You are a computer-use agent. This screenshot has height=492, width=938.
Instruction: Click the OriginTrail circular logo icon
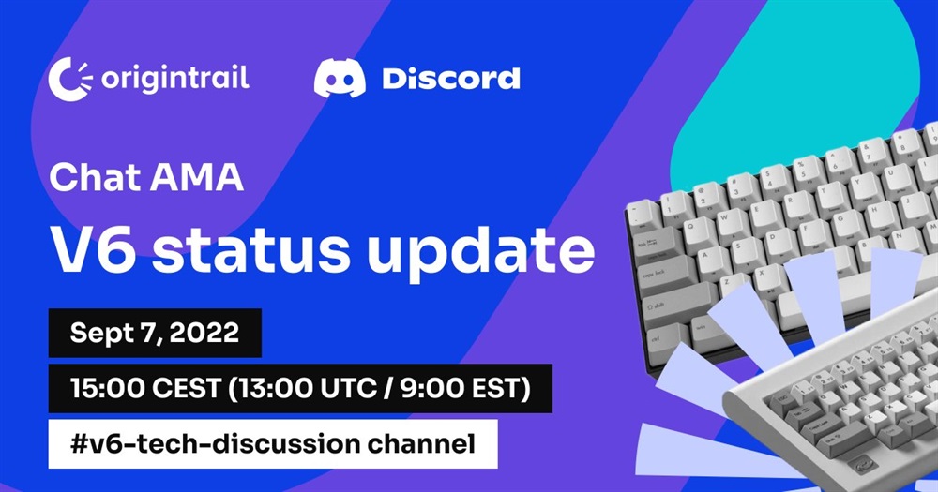point(70,80)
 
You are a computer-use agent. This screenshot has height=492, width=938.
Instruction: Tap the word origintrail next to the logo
point(174,80)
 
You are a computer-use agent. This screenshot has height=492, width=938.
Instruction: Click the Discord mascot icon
point(340,79)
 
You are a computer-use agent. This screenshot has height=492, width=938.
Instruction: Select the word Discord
point(451,79)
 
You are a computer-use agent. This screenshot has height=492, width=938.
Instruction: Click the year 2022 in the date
point(204,333)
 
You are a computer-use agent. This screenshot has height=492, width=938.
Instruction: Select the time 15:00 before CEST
point(107,389)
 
